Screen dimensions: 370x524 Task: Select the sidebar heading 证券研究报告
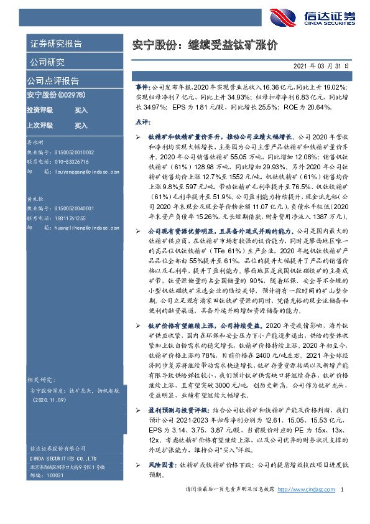[56, 44]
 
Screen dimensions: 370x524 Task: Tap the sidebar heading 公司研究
[47, 62]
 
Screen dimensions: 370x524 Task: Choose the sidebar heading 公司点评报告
[52, 81]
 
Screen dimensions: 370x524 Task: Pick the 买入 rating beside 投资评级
[81, 110]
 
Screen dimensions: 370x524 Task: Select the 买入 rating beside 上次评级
[81, 125]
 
